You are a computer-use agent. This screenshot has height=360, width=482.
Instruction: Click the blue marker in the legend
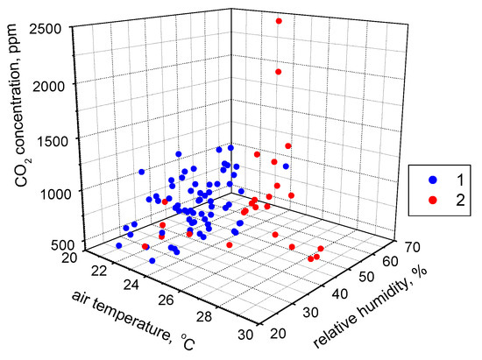click(x=431, y=180)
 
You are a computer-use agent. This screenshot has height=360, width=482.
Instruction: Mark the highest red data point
click(x=279, y=21)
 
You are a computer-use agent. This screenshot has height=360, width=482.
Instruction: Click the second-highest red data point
click(x=279, y=72)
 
